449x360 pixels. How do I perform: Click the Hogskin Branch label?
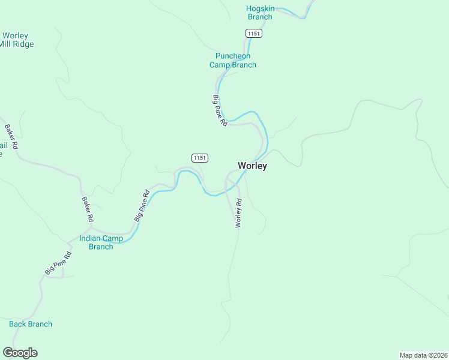coord(259,13)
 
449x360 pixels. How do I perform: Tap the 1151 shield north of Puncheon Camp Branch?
coord(253,34)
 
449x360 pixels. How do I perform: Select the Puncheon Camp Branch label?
coord(233,61)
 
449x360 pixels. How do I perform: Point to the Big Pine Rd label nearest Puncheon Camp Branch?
coord(219,110)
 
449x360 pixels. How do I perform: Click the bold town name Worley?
coord(252,166)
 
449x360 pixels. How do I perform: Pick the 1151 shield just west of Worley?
coord(200,158)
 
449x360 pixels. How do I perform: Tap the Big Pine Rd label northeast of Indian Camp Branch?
coord(142,206)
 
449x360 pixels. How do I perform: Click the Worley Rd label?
coord(238,212)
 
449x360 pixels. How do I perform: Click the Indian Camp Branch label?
coord(101,242)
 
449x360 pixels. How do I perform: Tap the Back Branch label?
coord(31,324)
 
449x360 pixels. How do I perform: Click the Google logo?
coord(20,353)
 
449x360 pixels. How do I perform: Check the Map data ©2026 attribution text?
coord(423,355)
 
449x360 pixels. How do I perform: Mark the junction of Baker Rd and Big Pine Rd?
coord(91,227)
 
